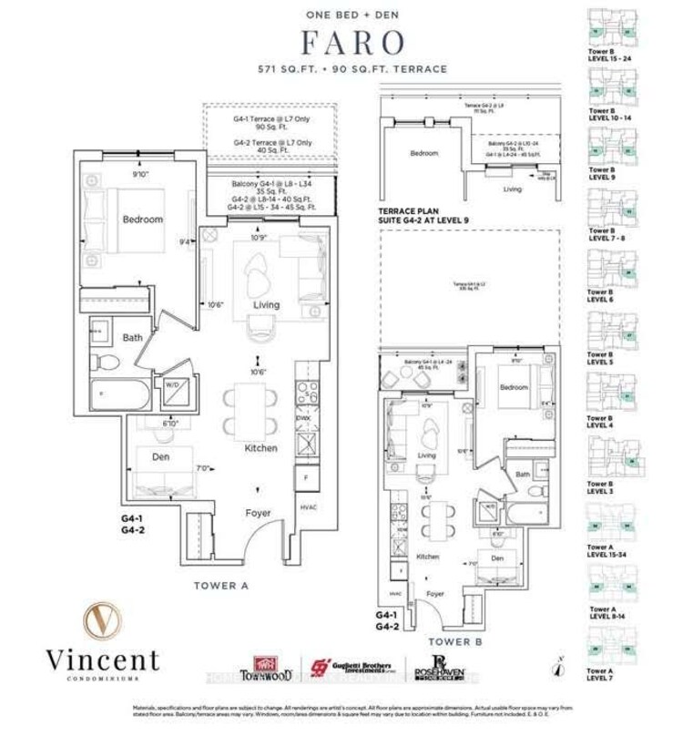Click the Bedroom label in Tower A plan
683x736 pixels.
[143, 220]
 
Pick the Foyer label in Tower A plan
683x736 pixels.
[258, 513]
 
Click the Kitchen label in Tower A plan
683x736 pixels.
[260, 448]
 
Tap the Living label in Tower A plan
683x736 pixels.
[266, 304]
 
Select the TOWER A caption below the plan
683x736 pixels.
[221, 586]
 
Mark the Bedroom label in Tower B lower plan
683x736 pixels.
[514, 387]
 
